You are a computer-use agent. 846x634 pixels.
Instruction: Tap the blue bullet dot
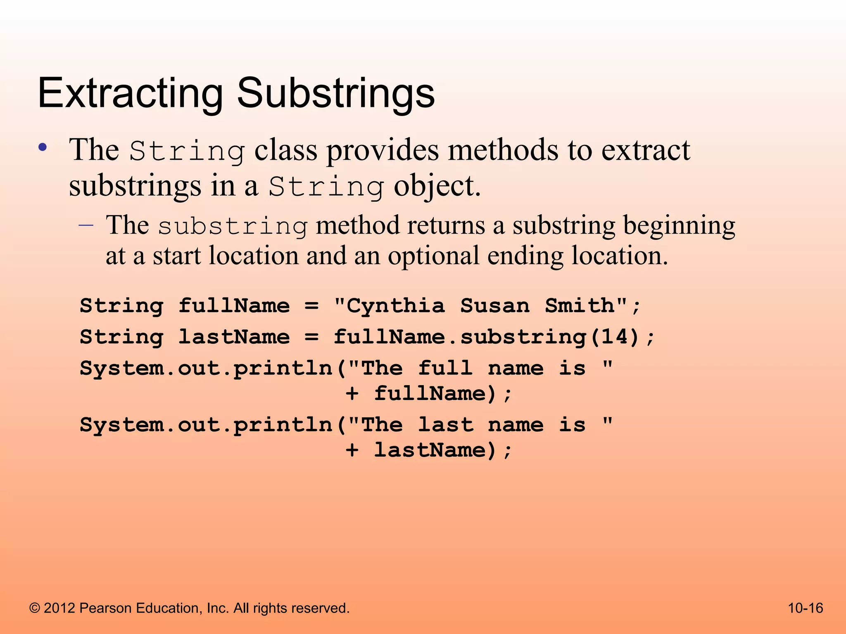42,148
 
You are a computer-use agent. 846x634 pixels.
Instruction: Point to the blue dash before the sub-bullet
86,225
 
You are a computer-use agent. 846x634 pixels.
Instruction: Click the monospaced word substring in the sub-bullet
233,226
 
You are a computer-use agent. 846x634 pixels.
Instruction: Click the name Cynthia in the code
395,306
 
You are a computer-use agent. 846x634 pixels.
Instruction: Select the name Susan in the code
494,306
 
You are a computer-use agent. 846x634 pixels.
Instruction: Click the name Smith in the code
580,306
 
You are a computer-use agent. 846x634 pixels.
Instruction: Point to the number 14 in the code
615,337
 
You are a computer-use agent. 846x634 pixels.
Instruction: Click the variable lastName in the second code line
234,337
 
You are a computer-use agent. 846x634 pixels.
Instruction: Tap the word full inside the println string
445,368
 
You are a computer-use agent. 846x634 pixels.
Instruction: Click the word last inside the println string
445,425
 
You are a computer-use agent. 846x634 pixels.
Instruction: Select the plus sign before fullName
352,394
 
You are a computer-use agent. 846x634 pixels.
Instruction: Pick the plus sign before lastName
352,450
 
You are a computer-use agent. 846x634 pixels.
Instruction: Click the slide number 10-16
806,608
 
